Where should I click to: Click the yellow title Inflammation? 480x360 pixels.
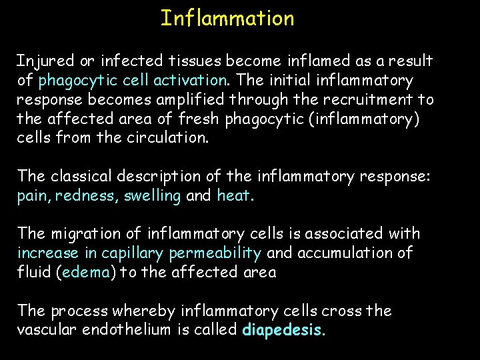coord(227,18)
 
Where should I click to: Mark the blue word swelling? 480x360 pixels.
coord(153,196)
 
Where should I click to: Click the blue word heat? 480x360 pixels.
coord(234,196)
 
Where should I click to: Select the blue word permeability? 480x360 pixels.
coord(215,253)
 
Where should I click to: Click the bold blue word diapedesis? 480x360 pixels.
coord(283,330)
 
